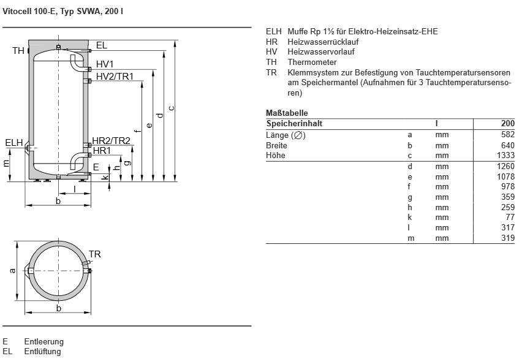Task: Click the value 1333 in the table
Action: (x=507, y=156)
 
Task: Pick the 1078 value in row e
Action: (x=507, y=176)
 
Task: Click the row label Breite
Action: (x=276, y=146)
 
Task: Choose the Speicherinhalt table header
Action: (x=294, y=124)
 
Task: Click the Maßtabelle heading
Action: (x=287, y=113)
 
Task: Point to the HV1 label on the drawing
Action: (x=105, y=64)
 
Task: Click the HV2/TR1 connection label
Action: (x=115, y=76)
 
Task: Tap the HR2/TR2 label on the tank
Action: (x=111, y=141)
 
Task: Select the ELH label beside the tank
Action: (x=13, y=143)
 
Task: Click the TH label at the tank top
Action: (x=18, y=51)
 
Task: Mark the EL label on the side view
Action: (x=101, y=45)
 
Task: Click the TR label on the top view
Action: (x=94, y=254)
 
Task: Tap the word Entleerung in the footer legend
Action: (x=43, y=342)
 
